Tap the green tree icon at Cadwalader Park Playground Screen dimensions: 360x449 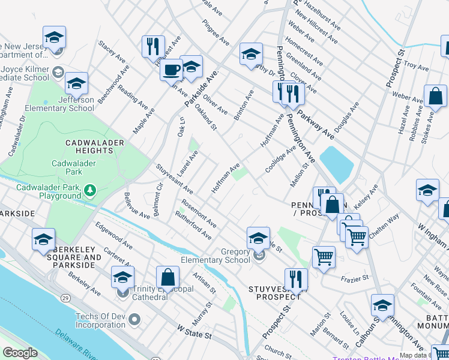90,190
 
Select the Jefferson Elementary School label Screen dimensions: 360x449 59,104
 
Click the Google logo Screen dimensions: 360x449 20,353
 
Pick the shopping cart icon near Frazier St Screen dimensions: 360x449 324,256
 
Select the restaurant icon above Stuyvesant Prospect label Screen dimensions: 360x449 295,278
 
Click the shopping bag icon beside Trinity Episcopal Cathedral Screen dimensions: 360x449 167,277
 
